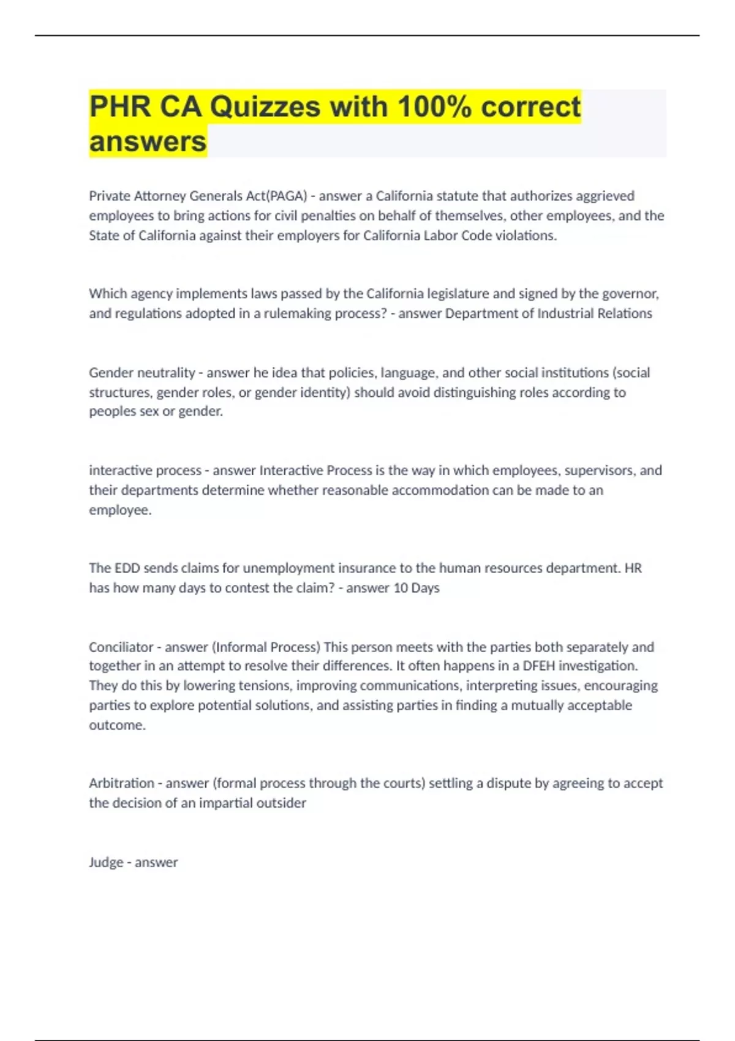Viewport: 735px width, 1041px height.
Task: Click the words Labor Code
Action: coord(458,236)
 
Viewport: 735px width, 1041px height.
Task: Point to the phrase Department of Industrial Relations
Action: coord(548,314)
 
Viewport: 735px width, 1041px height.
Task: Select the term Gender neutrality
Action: coord(141,372)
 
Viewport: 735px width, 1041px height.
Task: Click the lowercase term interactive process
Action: coord(145,470)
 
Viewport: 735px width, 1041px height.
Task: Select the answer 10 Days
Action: coord(417,588)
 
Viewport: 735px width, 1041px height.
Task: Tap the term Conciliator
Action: coord(121,647)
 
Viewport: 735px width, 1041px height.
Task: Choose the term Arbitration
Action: coord(121,783)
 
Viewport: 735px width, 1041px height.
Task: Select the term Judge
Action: coord(106,862)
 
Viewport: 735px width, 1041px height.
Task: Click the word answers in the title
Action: coord(148,141)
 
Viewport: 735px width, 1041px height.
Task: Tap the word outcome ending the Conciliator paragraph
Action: coord(116,725)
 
